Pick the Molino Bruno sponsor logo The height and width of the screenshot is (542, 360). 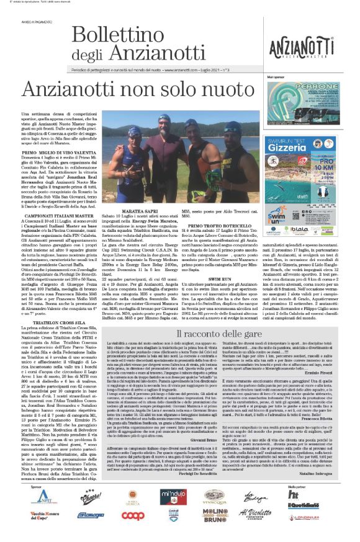tap(213, 513)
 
